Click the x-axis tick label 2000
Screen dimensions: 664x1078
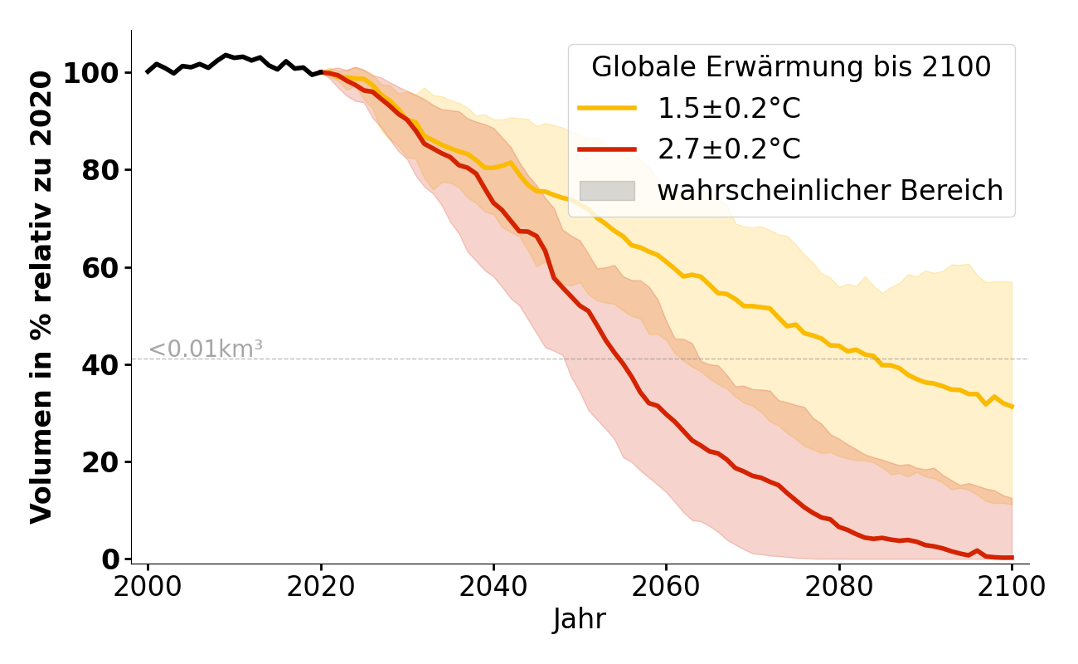[x=148, y=587]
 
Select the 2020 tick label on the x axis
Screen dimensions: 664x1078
[x=320, y=587]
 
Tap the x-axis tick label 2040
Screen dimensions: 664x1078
[x=493, y=587]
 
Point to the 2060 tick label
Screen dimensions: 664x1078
[x=666, y=587]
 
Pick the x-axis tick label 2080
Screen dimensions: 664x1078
[x=838, y=587]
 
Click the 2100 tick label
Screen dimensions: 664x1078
[x=1011, y=587]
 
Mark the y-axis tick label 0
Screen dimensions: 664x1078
[x=110, y=559]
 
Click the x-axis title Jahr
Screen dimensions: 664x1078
[x=580, y=619]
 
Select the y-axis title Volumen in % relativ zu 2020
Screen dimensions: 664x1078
[x=41, y=297]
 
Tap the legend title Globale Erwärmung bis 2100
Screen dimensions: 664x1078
[x=790, y=67]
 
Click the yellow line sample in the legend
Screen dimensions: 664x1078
[x=607, y=109]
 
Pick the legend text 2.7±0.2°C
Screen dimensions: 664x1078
[x=729, y=149]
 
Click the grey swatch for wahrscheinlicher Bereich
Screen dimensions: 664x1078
[x=607, y=191]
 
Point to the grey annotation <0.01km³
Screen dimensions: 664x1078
[x=206, y=349]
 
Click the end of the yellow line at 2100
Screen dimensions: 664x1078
[x=1012, y=407]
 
